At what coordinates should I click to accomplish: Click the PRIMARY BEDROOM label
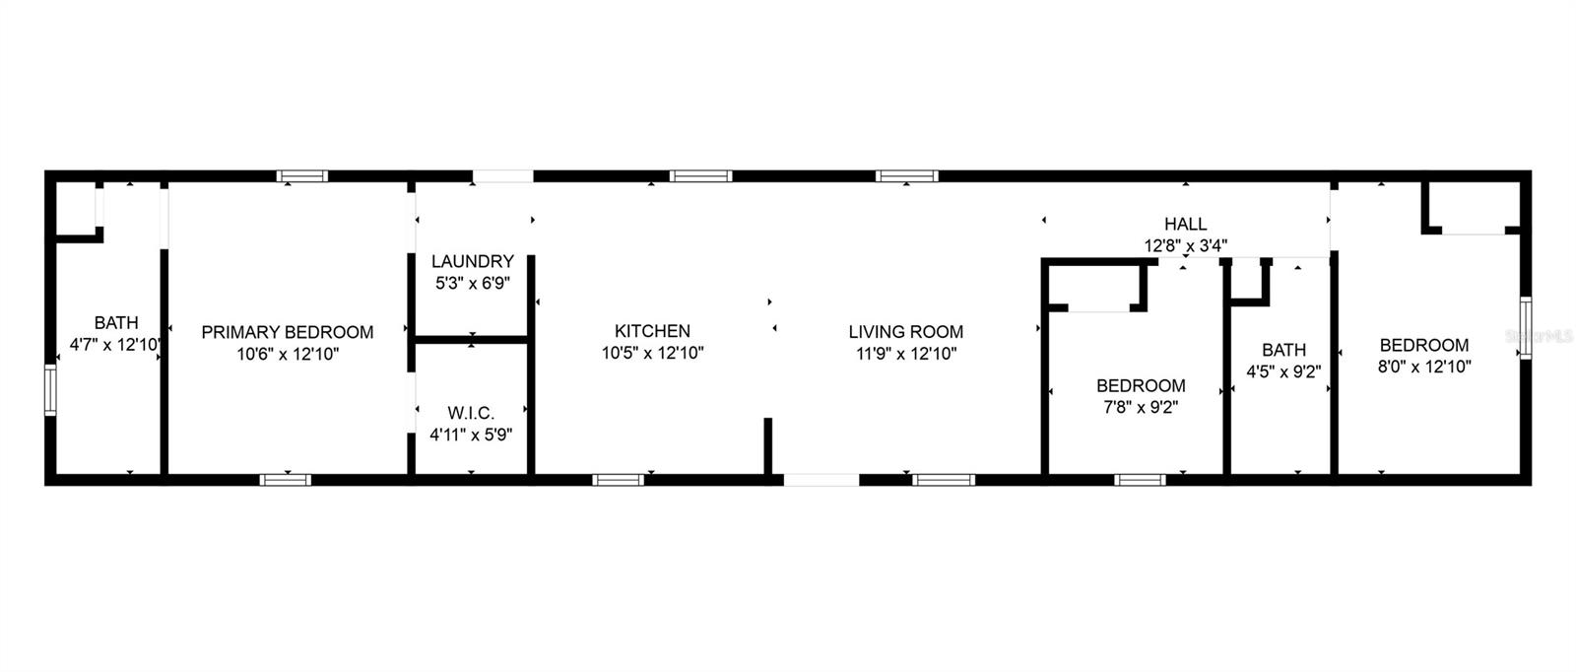(x=288, y=332)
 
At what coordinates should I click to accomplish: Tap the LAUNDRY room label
(x=473, y=261)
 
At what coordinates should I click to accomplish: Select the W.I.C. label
(x=471, y=412)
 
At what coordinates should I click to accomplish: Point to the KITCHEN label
(x=652, y=331)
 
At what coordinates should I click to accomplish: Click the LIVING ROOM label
(x=906, y=332)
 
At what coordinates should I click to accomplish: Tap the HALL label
(x=1185, y=224)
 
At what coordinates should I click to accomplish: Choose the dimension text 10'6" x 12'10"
(x=288, y=354)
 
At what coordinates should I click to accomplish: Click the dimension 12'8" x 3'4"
(x=1185, y=245)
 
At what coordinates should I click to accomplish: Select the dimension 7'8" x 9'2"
(x=1141, y=406)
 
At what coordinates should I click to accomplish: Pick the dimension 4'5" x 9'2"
(x=1283, y=371)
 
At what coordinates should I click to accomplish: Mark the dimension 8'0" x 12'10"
(x=1423, y=367)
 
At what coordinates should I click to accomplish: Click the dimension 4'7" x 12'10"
(x=115, y=345)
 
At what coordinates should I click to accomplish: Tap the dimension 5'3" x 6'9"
(x=473, y=283)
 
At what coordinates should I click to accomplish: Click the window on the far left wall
(x=50, y=390)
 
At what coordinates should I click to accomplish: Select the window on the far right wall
(x=1525, y=328)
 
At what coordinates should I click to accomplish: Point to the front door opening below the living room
(x=821, y=480)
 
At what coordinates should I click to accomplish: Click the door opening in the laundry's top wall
(x=502, y=177)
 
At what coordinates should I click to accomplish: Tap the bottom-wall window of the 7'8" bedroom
(x=1140, y=480)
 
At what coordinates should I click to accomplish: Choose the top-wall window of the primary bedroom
(x=301, y=177)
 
